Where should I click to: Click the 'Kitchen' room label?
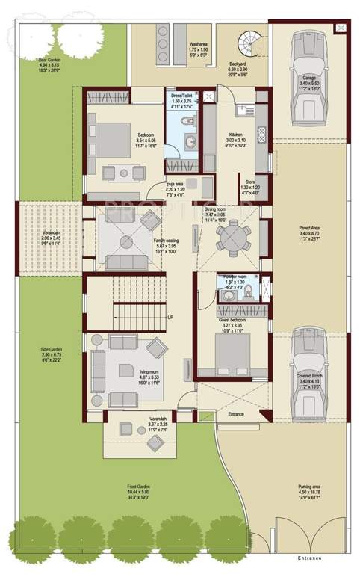coord(235,135)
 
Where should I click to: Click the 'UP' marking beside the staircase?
coord(170,318)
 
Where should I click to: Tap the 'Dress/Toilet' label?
coord(181,96)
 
